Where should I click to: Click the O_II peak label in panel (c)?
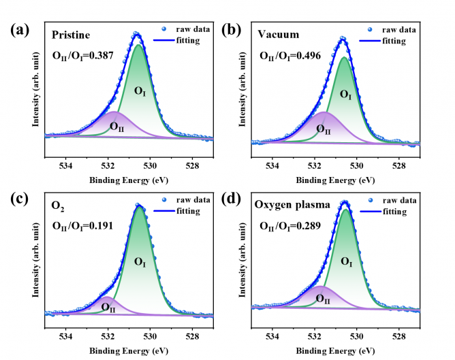pos(108,307)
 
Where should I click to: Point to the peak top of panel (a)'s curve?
pos(136,33)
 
